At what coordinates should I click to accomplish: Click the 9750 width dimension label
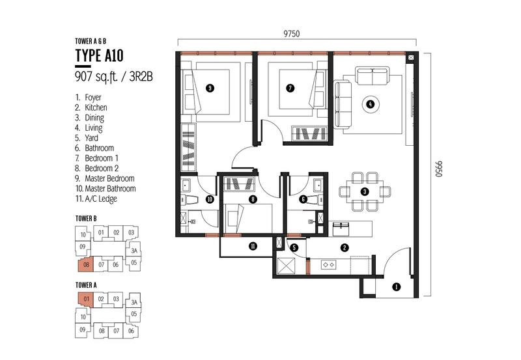point(291,34)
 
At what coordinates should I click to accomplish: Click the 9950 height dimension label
point(439,169)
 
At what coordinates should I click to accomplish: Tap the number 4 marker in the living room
point(370,104)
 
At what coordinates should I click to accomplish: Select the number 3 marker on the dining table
point(365,191)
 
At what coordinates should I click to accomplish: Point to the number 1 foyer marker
point(396,287)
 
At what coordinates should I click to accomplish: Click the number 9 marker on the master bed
point(210,88)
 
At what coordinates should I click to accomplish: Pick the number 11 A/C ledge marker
point(253,246)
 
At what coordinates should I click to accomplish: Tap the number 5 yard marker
point(294,247)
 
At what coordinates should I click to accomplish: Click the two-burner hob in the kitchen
point(329,265)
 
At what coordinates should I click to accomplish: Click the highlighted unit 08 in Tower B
point(85,264)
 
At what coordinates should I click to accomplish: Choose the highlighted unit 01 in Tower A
point(86,299)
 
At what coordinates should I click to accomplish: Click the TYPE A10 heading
point(100,55)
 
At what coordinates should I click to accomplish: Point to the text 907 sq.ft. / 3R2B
point(114,76)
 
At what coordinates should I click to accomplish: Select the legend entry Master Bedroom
point(109,178)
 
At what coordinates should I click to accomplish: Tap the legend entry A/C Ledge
point(101,199)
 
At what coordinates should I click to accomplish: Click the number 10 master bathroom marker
point(210,200)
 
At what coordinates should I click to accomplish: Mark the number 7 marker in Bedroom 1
point(290,88)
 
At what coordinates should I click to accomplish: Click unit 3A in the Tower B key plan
point(134,251)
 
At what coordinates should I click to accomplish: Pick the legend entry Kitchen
point(96,107)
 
